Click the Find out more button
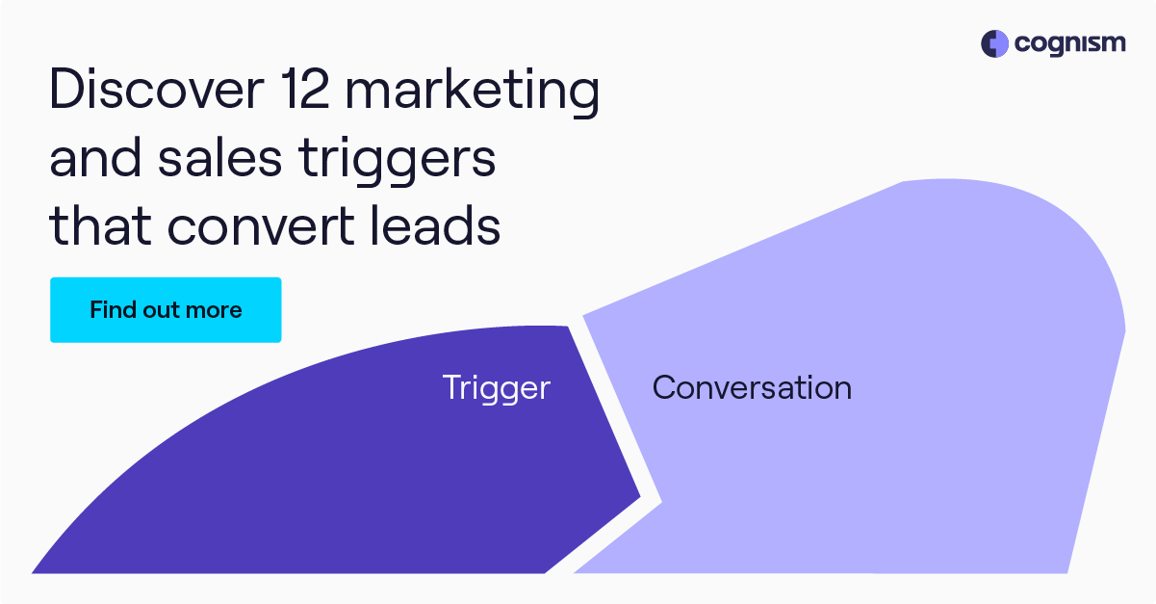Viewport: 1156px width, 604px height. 166,310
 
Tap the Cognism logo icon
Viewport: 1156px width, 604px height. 994,43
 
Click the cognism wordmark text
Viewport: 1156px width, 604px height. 1067,44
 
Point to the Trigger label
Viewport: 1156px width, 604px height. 496,388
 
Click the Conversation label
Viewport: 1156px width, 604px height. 752,388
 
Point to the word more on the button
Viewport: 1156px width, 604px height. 215,310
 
